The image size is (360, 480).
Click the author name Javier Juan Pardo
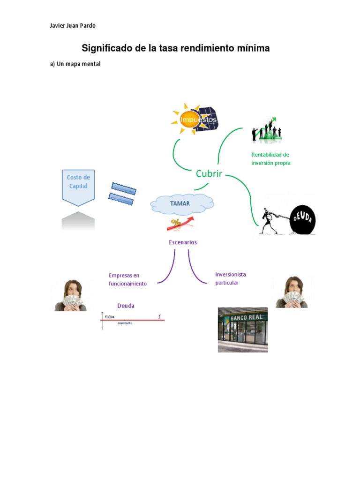tap(73, 26)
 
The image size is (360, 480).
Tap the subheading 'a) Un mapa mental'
tap(75, 64)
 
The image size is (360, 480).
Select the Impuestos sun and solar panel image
tap(195, 119)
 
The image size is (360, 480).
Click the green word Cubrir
tap(209, 174)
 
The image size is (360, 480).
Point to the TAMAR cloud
tap(182, 204)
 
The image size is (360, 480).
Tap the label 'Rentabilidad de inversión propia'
tap(271, 159)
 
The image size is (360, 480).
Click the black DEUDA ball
tap(302, 219)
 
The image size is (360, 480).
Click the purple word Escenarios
tap(183, 242)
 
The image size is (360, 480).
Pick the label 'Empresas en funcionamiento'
tap(127, 279)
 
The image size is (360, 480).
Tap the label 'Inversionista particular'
tap(231, 278)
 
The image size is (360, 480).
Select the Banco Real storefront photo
tap(242, 330)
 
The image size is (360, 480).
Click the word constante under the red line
tap(125, 323)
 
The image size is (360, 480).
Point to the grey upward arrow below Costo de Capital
tap(78, 221)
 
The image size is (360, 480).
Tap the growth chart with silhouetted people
tap(267, 130)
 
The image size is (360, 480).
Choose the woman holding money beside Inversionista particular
tap(292, 292)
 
